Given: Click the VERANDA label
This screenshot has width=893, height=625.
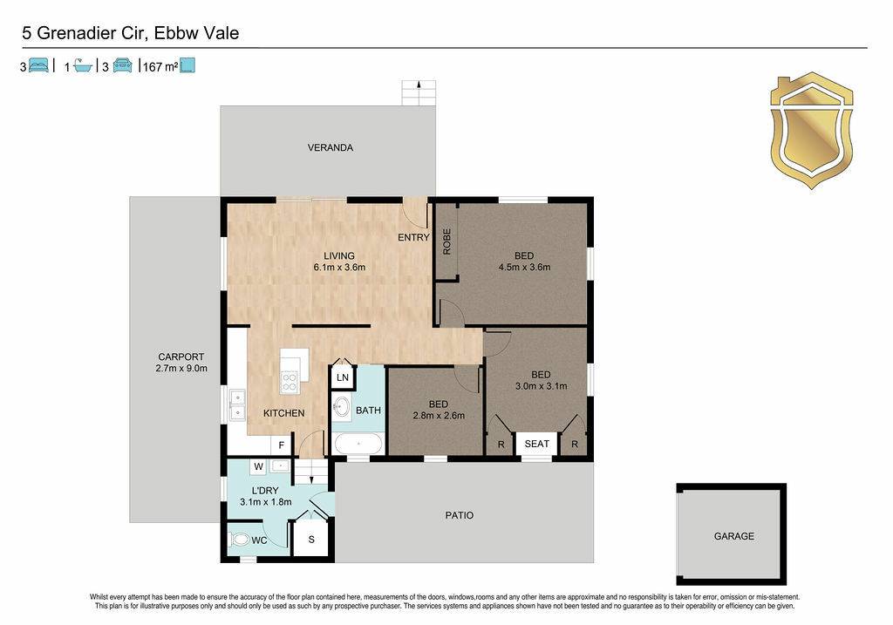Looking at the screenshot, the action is (x=331, y=147).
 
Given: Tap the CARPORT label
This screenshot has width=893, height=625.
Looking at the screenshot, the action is (x=181, y=357).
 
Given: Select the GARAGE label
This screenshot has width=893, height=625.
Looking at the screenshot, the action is (x=734, y=536).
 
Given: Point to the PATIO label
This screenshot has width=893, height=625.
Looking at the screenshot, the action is (x=459, y=515).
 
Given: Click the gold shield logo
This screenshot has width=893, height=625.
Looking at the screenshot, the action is (x=812, y=131).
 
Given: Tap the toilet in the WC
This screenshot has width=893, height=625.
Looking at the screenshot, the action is (x=241, y=539).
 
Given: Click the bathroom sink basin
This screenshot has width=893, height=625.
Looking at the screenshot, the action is (x=342, y=407).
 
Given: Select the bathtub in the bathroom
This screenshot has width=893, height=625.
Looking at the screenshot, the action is (x=358, y=444).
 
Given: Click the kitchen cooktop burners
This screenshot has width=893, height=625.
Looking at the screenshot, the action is (x=290, y=382).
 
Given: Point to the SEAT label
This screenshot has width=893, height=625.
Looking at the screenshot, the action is (x=536, y=444).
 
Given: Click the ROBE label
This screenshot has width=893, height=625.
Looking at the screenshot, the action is (x=447, y=241).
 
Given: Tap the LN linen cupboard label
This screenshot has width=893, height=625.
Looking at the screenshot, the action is (x=342, y=377).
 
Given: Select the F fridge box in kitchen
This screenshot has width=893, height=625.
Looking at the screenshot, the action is (x=282, y=445).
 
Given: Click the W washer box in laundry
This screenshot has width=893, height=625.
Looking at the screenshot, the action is (x=258, y=466).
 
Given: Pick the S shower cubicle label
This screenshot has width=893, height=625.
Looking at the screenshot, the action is (x=311, y=539).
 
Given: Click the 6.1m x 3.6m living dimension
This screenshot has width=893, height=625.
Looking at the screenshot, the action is (x=339, y=267).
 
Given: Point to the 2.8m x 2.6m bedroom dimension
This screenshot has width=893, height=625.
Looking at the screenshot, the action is (x=439, y=416).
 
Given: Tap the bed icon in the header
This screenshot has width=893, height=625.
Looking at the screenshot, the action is (x=38, y=65).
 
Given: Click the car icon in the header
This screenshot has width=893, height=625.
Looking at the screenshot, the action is (x=122, y=65).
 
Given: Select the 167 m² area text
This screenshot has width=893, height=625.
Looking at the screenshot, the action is (x=160, y=66).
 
